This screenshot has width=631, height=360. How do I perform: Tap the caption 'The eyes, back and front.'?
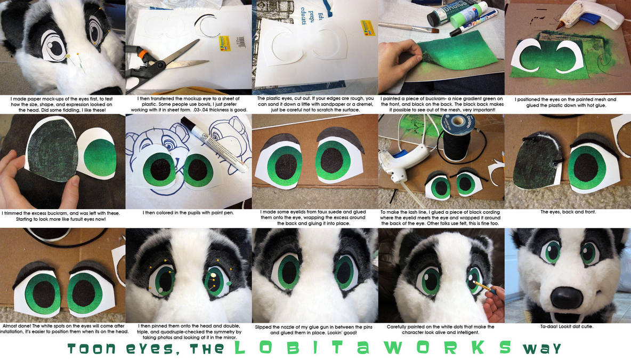click(568, 212)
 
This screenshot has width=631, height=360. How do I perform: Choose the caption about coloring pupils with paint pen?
click(188, 212)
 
